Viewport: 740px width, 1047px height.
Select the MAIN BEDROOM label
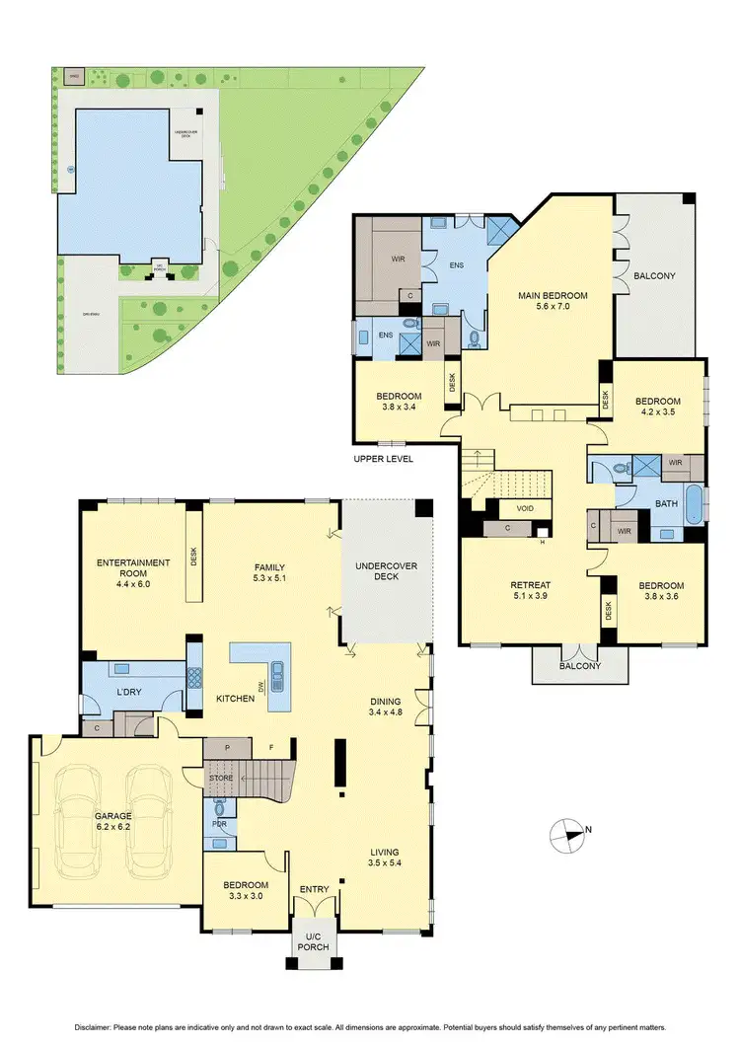(554, 295)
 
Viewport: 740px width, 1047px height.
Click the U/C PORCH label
(315, 940)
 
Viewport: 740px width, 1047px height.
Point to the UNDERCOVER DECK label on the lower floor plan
(387, 569)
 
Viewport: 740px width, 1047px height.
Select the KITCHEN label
(236, 699)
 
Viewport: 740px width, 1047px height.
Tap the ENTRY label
(314, 890)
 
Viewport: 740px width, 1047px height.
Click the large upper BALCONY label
(654, 276)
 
